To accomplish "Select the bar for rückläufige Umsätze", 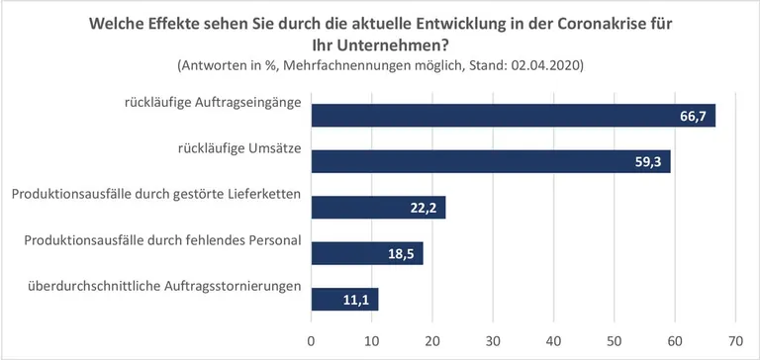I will click(x=491, y=161).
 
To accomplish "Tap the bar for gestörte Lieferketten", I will click(x=378, y=207).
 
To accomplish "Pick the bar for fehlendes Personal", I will click(x=367, y=253).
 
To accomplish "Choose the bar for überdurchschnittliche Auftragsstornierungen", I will click(x=344, y=299).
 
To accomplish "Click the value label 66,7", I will click(x=693, y=116).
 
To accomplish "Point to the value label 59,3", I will click(x=648, y=162).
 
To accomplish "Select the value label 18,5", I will click(x=401, y=254).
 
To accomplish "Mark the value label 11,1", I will click(x=356, y=300).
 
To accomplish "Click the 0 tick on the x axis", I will click(x=312, y=340).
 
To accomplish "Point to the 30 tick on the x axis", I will click(x=493, y=340).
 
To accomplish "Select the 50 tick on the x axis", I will click(x=614, y=340).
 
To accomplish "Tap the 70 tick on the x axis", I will click(x=734, y=340).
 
